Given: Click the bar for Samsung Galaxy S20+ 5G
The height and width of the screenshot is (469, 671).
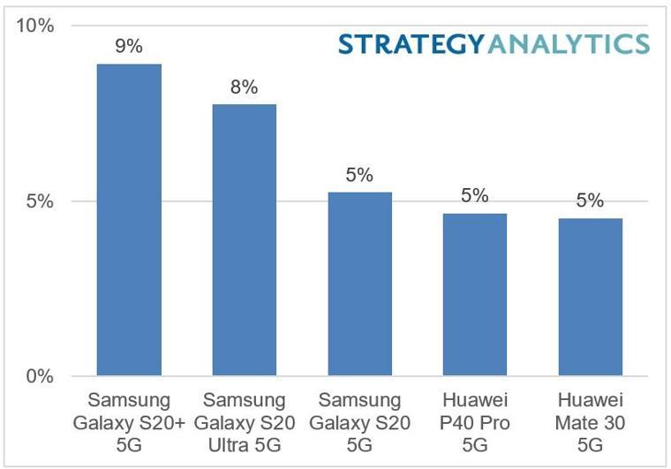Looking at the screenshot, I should pos(129,221).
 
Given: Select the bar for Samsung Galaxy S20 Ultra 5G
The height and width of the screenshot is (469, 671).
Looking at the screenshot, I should pos(244,240).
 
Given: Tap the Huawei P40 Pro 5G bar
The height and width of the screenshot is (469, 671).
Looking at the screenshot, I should pos(474,295).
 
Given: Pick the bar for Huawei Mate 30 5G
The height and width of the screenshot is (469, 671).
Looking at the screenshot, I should pos(590,298).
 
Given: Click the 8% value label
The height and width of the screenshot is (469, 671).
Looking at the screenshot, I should pos(244,87).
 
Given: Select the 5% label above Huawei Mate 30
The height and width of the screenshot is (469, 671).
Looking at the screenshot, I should pos(590,200).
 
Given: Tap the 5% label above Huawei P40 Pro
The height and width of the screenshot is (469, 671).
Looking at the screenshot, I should pos(474,195).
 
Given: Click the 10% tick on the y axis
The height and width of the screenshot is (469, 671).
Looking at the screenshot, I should pos(37,26).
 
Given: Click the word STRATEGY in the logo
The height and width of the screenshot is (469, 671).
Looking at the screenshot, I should pos(410,44).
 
